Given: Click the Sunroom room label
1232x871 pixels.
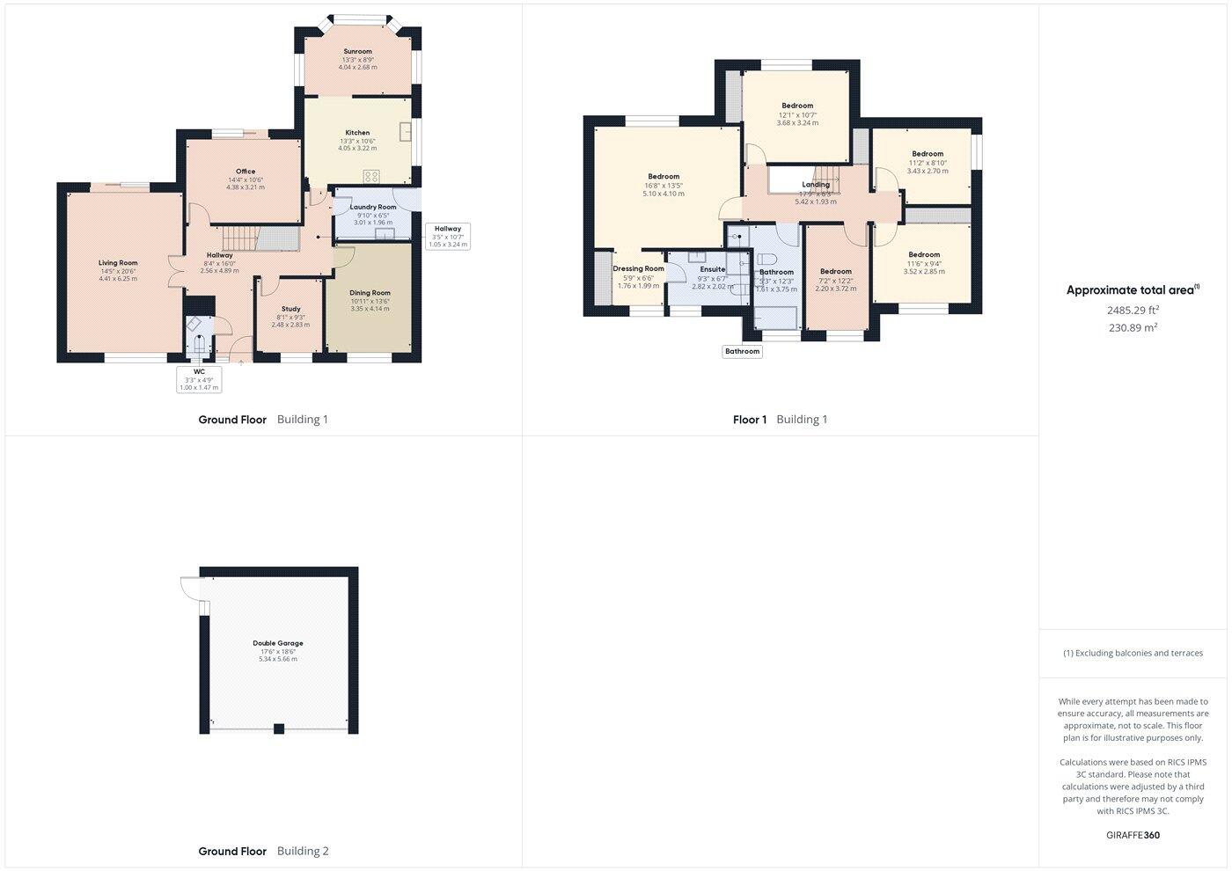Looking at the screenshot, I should pyautogui.click(x=357, y=52).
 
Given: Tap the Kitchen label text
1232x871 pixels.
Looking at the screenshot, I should pyautogui.click(x=357, y=133).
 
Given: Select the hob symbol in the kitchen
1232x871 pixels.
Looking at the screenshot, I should pyautogui.click(x=371, y=176).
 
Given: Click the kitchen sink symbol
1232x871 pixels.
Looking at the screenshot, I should pyautogui.click(x=406, y=132).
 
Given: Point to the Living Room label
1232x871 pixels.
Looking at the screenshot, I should pyautogui.click(x=118, y=263).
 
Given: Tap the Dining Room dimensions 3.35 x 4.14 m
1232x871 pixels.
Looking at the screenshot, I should pyautogui.click(x=370, y=309).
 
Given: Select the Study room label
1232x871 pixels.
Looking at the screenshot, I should pyautogui.click(x=290, y=309).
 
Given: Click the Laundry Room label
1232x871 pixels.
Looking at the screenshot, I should pyautogui.click(x=373, y=208).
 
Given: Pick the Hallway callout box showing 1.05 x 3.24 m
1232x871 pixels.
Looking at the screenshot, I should pyautogui.click(x=448, y=236).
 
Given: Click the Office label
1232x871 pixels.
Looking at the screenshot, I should pyautogui.click(x=246, y=172).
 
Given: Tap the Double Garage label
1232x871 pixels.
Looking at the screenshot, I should pyautogui.click(x=278, y=643).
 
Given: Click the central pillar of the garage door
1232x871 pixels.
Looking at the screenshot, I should pyautogui.click(x=279, y=728).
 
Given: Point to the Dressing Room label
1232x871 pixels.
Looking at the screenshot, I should pyautogui.click(x=638, y=269).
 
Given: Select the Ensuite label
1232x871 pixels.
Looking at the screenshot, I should pyautogui.click(x=713, y=269).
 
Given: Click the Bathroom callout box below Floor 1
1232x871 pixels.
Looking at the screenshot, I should pyautogui.click(x=742, y=351).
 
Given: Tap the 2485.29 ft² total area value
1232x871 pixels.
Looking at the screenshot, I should pyautogui.click(x=1133, y=310).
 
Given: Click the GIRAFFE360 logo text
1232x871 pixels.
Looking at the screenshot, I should pyautogui.click(x=1133, y=835).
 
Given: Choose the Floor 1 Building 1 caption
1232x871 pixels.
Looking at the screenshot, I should pyautogui.click(x=780, y=420).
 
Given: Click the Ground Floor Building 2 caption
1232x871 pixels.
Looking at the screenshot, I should pyautogui.click(x=263, y=851).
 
